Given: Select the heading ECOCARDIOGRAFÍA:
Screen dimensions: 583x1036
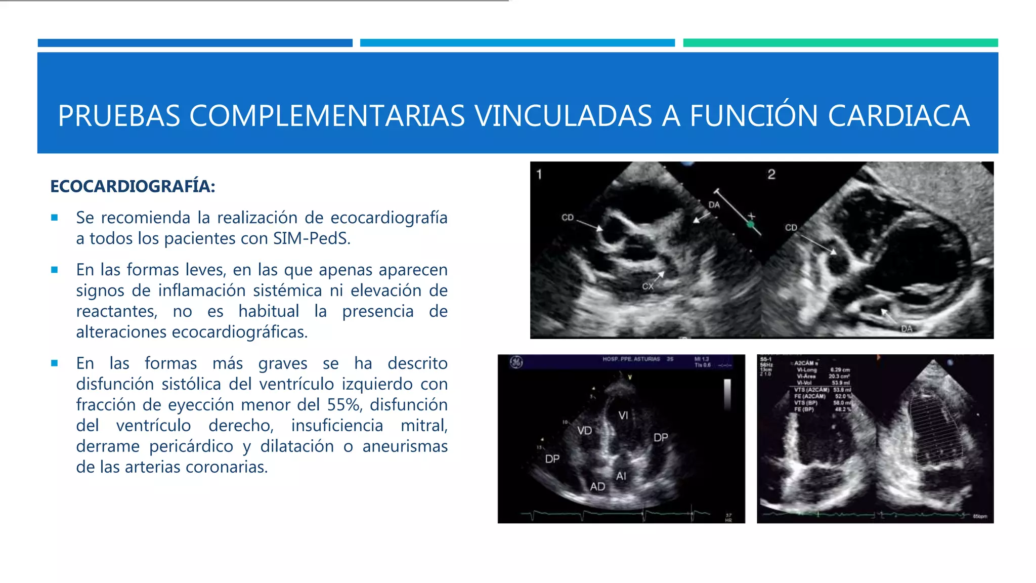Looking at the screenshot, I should [133, 186].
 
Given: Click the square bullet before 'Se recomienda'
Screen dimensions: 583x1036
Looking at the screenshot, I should [55, 218].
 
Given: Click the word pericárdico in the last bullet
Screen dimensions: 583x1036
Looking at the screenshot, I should [191, 446].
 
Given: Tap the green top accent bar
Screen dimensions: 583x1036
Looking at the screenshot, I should [840, 43].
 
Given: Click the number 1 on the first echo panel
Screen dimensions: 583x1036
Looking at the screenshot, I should [539, 175].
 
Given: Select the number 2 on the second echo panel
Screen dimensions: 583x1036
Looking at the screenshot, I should [771, 175].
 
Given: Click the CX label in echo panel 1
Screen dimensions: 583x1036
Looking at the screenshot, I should [647, 286].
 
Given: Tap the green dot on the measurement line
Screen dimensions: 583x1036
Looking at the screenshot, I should [750, 224].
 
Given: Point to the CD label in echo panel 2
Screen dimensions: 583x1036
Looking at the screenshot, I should [791, 228].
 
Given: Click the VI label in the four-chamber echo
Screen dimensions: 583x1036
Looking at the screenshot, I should [623, 415].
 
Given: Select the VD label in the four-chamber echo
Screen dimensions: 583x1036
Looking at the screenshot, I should [584, 431].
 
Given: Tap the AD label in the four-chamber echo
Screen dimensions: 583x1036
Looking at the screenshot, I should [597, 487].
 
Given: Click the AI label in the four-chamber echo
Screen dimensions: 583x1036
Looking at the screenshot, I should [621, 476].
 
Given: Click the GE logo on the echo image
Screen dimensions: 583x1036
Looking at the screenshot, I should [516, 362].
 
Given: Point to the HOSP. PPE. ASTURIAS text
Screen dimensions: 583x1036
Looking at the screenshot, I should [631, 359].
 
